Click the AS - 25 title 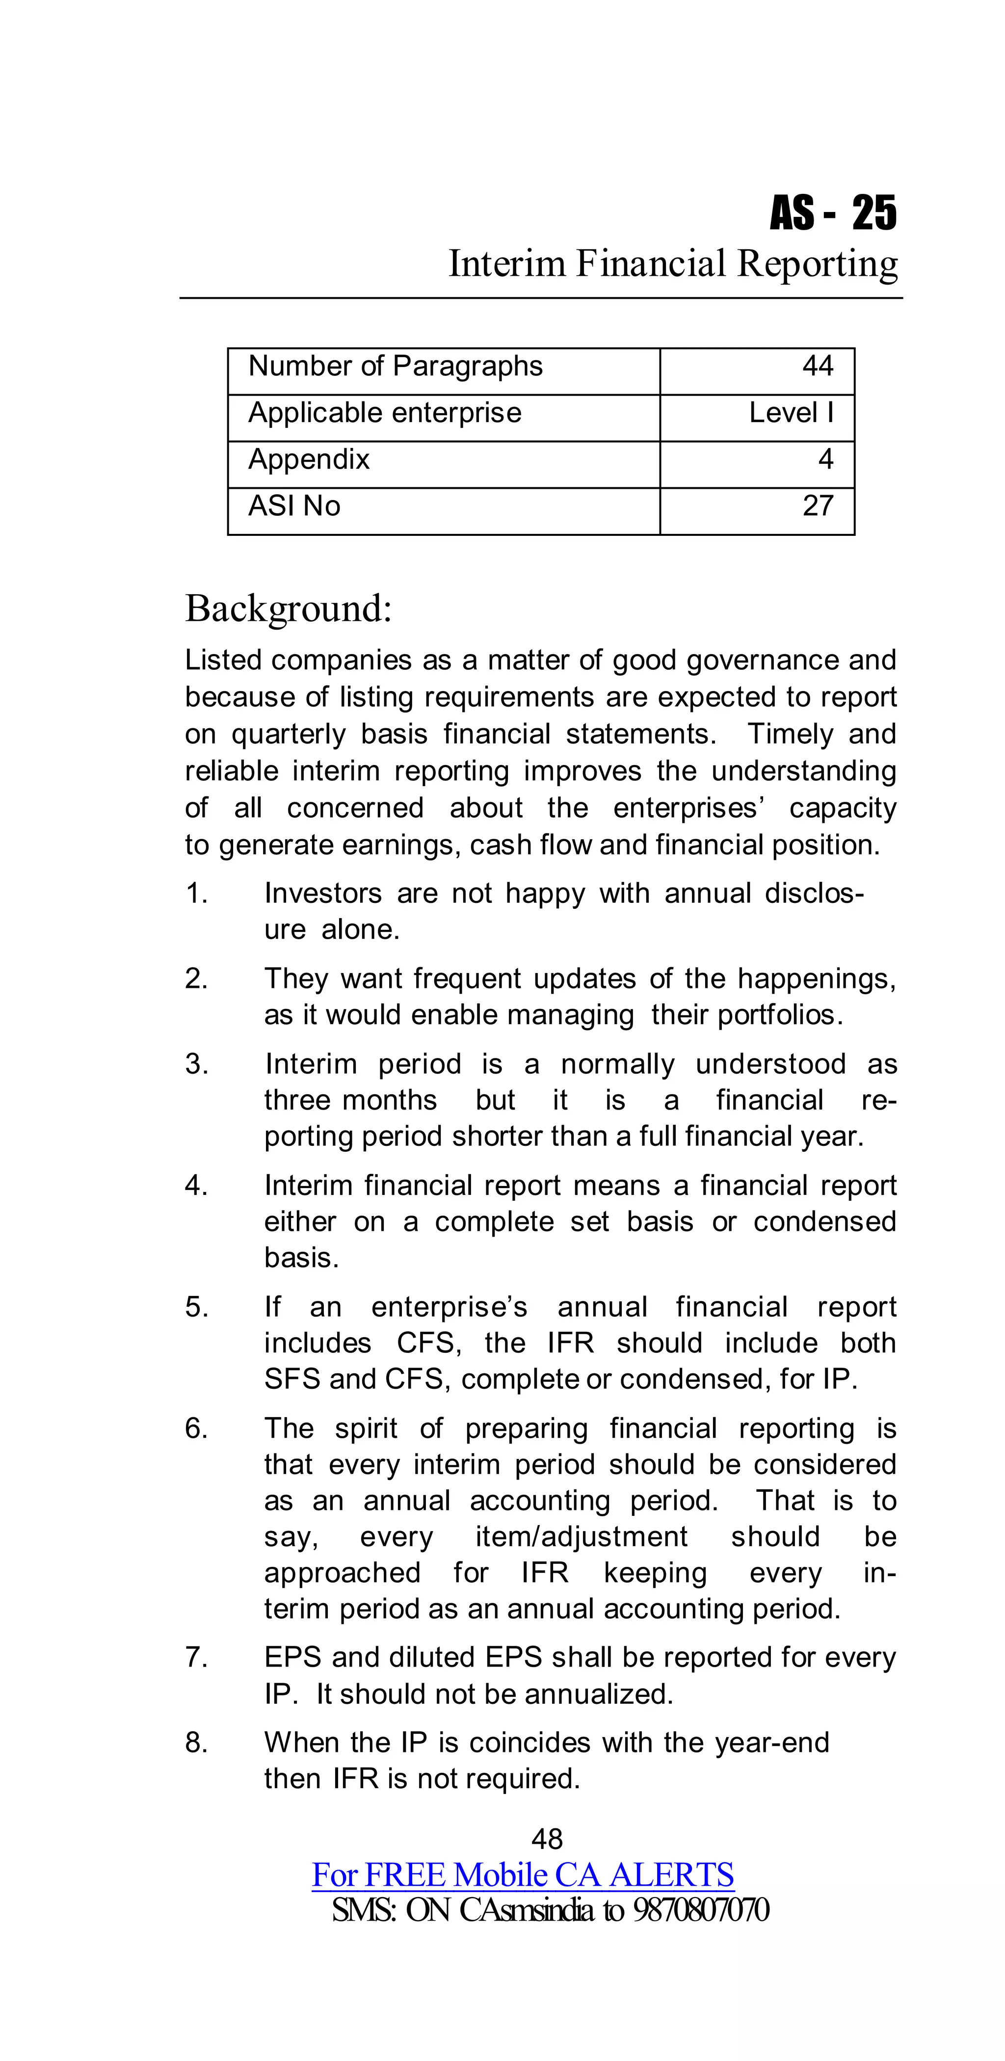tap(832, 213)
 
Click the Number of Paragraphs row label tap(396, 367)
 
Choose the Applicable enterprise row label tap(384, 413)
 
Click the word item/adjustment tap(581, 1536)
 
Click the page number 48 tap(547, 1839)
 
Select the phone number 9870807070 tap(701, 1910)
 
